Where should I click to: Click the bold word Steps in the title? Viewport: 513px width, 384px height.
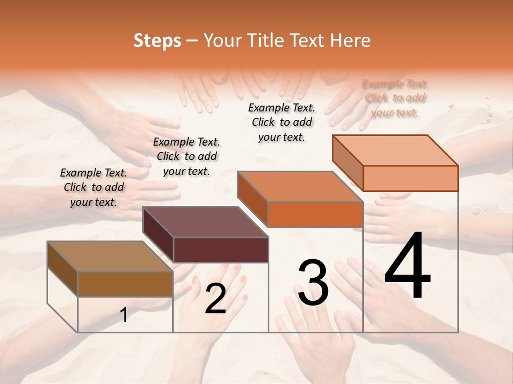157,41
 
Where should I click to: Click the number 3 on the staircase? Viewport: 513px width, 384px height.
313,283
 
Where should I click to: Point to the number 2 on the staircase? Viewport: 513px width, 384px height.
215,299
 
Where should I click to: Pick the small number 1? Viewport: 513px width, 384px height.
124,315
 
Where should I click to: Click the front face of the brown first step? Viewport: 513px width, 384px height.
125,284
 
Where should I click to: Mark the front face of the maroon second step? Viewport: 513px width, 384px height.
221,250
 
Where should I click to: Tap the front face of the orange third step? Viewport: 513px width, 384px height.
315,214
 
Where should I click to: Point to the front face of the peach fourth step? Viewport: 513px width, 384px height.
410,178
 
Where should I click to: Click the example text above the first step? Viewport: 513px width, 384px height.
94,187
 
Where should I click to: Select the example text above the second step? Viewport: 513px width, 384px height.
186,156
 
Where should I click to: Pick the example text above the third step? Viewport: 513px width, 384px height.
282,122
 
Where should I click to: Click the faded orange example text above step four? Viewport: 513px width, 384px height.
395,98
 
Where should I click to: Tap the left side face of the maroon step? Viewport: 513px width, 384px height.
158,235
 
